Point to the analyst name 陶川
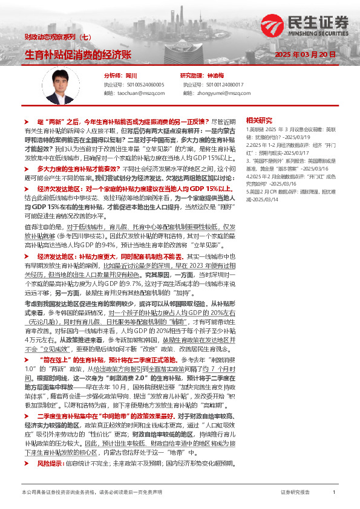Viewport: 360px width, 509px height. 130,76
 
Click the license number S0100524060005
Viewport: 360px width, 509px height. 146,85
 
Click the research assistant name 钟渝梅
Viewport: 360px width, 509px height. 215,76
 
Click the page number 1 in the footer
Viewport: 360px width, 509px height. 334,493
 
